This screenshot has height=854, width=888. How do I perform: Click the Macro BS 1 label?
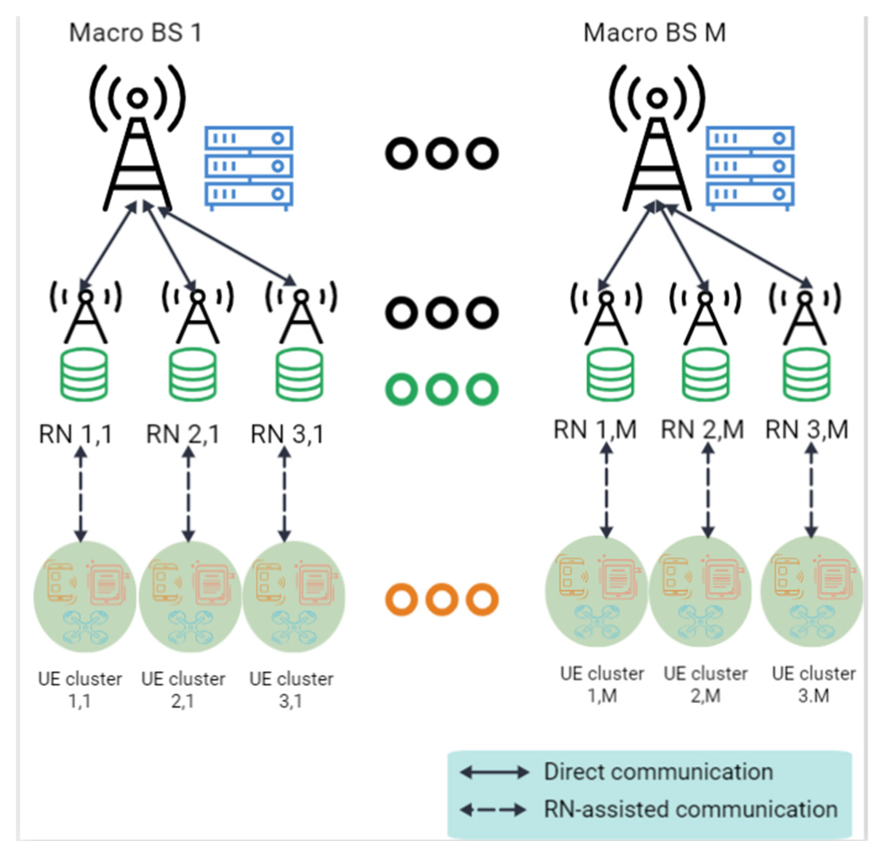tap(135, 33)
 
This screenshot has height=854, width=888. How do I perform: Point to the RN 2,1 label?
tap(183, 434)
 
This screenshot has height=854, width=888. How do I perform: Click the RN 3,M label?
tap(807, 429)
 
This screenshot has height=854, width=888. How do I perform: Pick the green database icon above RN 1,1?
tap(84, 374)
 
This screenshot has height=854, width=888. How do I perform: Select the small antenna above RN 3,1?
tap(301, 312)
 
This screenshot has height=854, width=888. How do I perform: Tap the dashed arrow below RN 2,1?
tap(188, 494)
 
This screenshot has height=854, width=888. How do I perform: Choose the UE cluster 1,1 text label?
tap(80, 690)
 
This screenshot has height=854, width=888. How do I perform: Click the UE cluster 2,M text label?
tap(705, 684)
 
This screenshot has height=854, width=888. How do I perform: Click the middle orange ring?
tap(442, 599)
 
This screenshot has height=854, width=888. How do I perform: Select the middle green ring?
tap(442, 389)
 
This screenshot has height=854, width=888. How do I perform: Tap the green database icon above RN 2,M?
tap(705, 374)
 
